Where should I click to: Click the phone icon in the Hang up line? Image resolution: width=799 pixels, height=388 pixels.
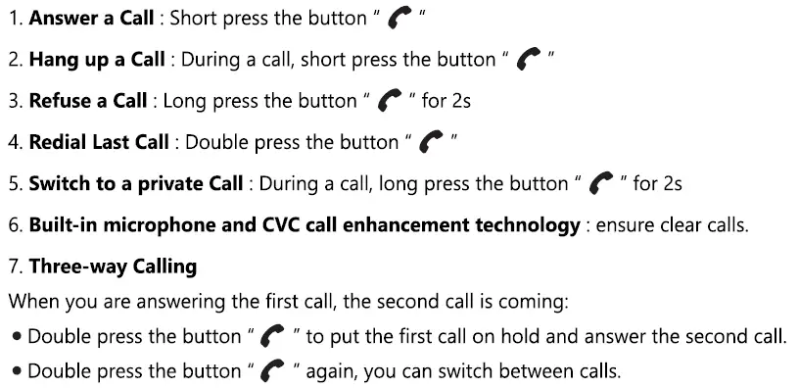click(x=530, y=61)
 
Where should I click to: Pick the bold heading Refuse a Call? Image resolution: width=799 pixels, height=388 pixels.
click(x=88, y=101)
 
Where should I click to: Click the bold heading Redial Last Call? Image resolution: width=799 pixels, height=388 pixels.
click(x=99, y=142)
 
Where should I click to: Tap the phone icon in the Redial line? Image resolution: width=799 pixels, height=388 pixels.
click(x=431, y=143)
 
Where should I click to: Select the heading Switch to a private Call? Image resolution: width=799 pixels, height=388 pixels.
click(x=136, y=183)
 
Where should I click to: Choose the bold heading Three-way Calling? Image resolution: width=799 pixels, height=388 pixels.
click(x=113, y=267)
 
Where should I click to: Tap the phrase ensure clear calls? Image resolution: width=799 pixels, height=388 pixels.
click(x=673, y=225)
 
